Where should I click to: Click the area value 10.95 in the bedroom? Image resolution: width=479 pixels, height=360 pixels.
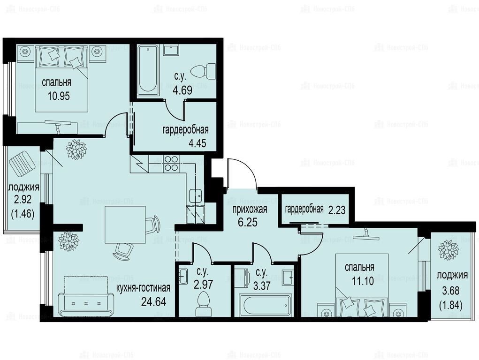(59, 96)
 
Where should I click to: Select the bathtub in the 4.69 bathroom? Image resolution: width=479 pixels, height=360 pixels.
(148, 70)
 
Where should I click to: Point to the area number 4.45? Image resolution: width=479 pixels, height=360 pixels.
(198, 143)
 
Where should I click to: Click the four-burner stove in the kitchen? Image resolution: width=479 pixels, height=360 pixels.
(171, 163)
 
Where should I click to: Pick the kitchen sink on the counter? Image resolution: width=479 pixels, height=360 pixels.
(195, 196)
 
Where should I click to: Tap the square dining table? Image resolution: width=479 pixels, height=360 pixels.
(125, 225)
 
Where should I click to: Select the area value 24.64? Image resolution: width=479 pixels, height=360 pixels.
(154, 302)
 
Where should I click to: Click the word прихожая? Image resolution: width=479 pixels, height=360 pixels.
(250, 210)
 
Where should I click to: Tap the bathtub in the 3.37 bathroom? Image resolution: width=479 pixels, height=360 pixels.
(265, 305)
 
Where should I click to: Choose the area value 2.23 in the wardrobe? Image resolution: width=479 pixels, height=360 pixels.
(337, 210)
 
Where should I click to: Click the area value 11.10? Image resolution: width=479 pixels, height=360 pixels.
(362, 281)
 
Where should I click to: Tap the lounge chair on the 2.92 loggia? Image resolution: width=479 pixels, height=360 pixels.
(22, 165)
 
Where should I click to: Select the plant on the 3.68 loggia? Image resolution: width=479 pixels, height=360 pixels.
(449, 250)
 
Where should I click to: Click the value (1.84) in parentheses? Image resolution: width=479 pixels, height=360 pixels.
(450, 305)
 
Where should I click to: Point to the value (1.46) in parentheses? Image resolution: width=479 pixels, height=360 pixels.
(23, 213)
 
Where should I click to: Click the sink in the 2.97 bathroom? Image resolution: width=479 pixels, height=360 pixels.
(183, 277)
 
